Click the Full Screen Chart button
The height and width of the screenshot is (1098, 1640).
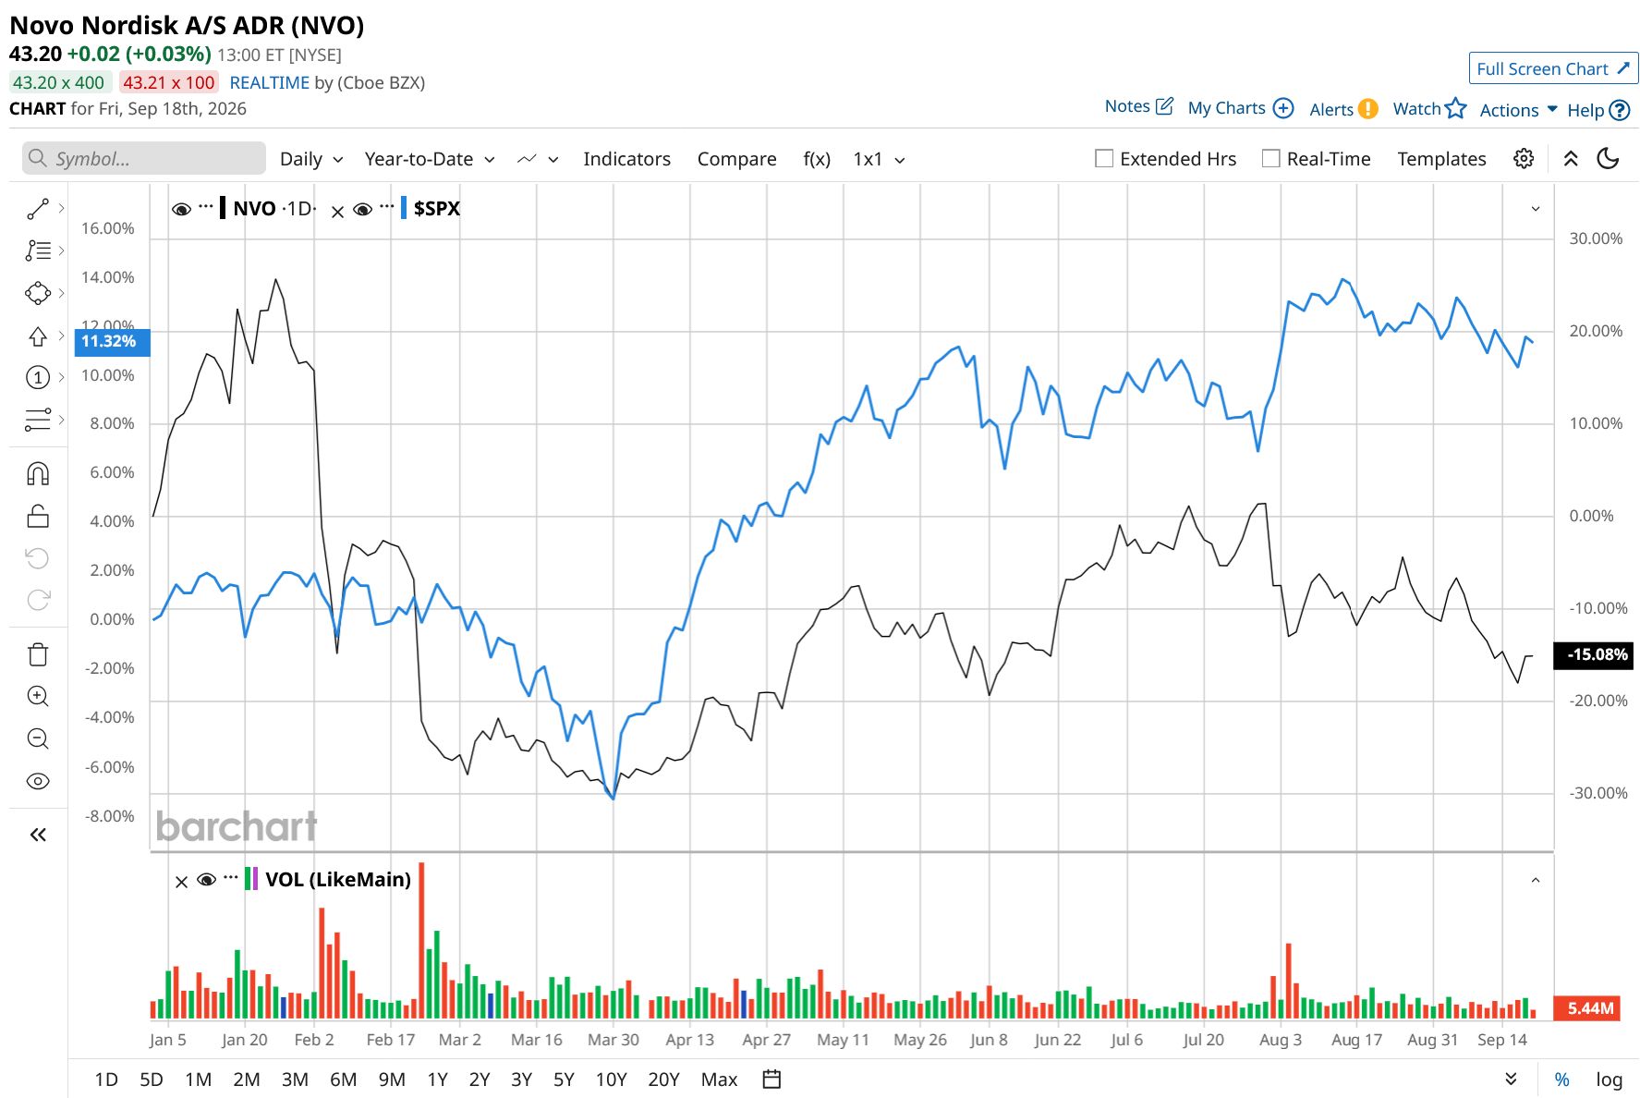click(1553, 68)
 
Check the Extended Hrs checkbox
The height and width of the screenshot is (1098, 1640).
click(1104, 158)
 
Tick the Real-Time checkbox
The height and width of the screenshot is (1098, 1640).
click(1271, 158)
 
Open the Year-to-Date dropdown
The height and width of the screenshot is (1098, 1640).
click(430, 159)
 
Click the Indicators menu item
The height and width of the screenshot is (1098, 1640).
click(626, 159)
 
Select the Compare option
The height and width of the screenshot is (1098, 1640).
click(736, 159)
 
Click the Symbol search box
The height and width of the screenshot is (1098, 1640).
click(144, 158)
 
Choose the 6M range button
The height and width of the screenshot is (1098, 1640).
click(343, 1079)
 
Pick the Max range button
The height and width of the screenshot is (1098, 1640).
click(719, 1079)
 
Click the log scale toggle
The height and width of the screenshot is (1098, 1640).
click(1609, 1080)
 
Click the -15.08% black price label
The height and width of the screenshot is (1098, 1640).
click(1594, 654)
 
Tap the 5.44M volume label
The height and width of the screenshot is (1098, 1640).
click(1590, 1007)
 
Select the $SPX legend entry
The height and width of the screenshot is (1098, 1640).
click(436, 208)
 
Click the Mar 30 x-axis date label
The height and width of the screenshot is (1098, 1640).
click(613, 1039)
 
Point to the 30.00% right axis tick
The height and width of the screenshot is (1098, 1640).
click(1596, 238)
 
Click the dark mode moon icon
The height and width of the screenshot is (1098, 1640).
click(1608, 158)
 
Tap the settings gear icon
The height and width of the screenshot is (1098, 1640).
click(1524, 158)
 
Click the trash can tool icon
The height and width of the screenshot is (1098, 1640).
click(38, 654)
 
